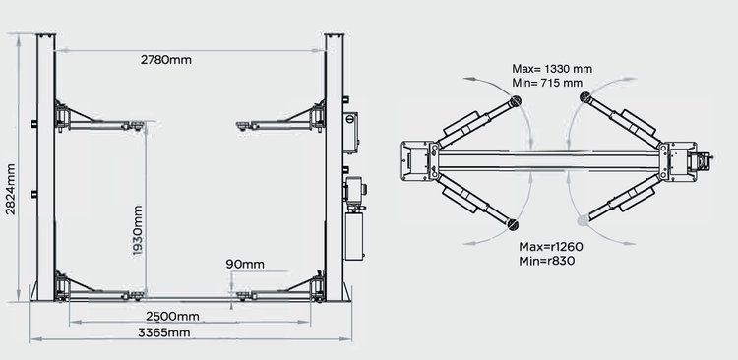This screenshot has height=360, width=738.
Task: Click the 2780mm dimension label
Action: tap(166, 60)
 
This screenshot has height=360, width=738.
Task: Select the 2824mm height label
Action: tap(11, 189)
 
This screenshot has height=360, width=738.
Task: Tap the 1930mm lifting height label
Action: tap(138, 230)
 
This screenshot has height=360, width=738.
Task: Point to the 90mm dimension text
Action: tap(245, 264)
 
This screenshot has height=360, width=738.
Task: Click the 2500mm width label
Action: tap(172, 316)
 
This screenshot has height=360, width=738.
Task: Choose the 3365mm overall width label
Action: tap(163, 332)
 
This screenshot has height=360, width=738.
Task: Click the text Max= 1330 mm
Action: tap(552, 69)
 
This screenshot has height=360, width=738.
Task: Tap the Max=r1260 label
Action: tap(551, 247)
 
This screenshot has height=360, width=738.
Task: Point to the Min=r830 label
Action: tap(547, 261)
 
